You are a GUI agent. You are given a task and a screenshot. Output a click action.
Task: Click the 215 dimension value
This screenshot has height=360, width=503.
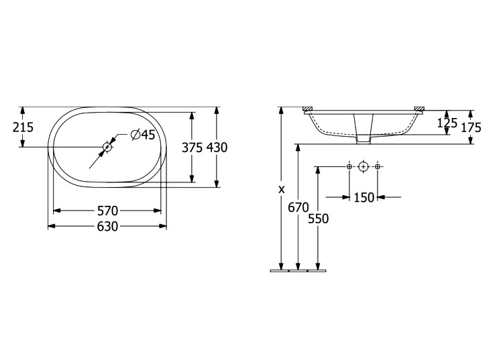(23, 127)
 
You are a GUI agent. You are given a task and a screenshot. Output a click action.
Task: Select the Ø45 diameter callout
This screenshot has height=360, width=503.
(143, 135)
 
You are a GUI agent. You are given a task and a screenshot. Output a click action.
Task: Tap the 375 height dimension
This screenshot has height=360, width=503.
(192, 147)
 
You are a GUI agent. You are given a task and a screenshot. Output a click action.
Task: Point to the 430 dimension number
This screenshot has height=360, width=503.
(217, 147)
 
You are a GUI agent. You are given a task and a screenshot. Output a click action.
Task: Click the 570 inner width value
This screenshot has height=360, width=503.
(107, 211)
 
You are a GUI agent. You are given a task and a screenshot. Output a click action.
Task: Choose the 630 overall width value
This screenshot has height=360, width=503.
(107, 227)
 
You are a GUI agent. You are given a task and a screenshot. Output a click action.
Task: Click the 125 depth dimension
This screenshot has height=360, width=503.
(447, 123)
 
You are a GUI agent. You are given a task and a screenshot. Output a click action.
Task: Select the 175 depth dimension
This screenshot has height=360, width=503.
(471, 127)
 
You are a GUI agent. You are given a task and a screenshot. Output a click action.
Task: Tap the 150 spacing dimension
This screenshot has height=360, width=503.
(364, 198)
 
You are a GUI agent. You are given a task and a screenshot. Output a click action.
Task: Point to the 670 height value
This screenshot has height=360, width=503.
(298, 208)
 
